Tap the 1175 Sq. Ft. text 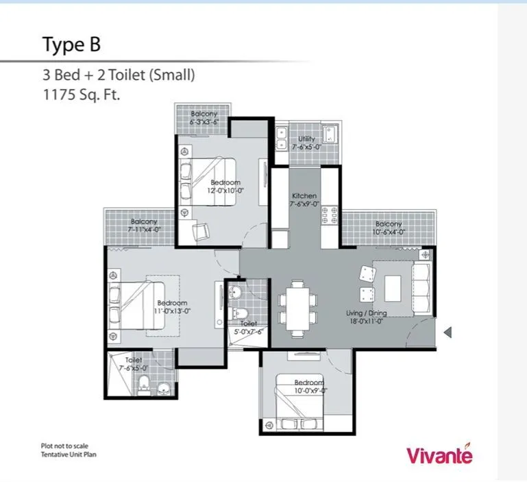tap(82, 96)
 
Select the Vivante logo tap(439, 455)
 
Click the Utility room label tap(306, 143)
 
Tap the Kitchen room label tap(304, 200)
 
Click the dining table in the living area tap(297, 306)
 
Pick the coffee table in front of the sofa tap(393, 287)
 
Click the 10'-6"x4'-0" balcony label tap(388, 228)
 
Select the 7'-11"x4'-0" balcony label tap(144, 226)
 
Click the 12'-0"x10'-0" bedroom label tap(225, 186)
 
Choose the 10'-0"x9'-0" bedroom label tap(309, 387)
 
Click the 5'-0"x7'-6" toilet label tap(248, 328)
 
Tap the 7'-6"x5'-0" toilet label tap(133, 364)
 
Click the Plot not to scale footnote tap(64, 446)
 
